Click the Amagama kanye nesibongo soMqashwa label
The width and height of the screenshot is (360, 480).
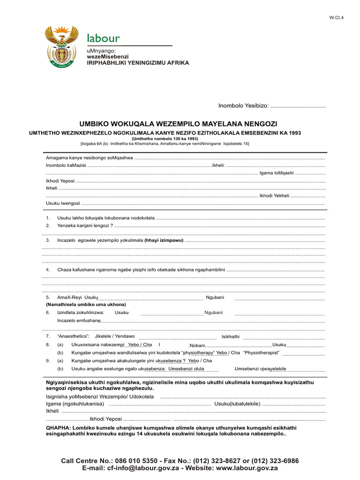point(89,157)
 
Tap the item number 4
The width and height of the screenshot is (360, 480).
point(48,270)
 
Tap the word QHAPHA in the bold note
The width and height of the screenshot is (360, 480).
point(59,427)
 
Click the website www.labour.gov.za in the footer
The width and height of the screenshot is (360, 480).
point(247,468)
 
